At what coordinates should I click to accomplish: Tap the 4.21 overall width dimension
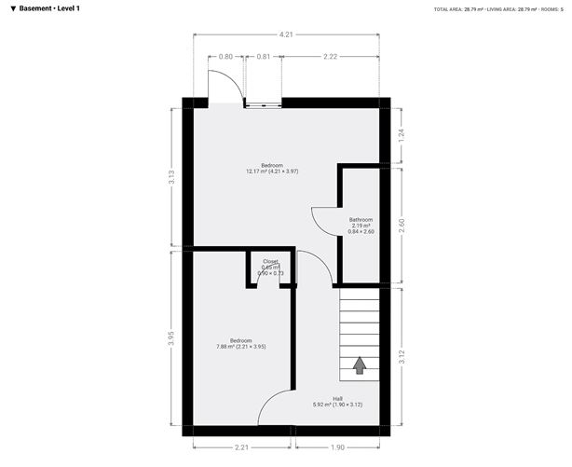pyautogui.click(x=286, y=34)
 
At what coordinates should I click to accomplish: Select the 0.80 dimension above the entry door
pyautogui.click(x=225, y=57)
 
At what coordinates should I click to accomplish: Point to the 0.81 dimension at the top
pyautogui.click(x=263, y=57)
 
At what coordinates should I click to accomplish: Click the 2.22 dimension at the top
pyautogui.click(x=330, y=57)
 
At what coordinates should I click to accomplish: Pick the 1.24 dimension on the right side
pyautogui.click(x=402, y=133)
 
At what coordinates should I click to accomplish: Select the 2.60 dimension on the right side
pyautogui.click(x=402, y=225)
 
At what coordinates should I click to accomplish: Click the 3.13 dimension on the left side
pyautogui.click(x=170, y=177)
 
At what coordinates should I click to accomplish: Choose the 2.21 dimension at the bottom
pyautogui.click(x=242, y=447)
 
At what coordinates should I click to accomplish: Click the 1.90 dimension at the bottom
pyautogui.click(x=335, y=447)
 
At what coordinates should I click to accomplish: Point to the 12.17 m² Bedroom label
pyautogui.click(x=271, y=169)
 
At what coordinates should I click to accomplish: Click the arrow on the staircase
pyautogui.click(x=360, y=365)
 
